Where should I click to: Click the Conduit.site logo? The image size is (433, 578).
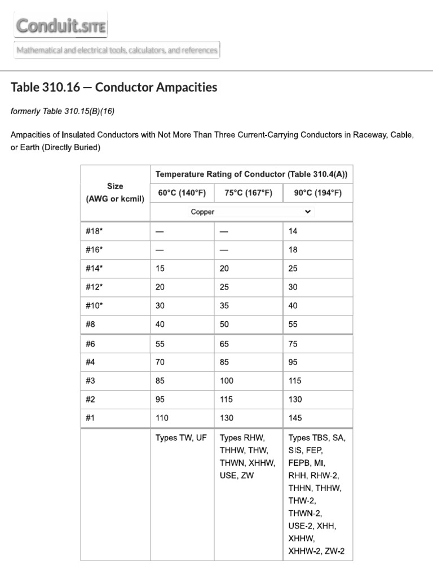pyautogui.click(x=61, y=26)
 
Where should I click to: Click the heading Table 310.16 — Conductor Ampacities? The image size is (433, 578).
pyautogui.click(x=114, y=87)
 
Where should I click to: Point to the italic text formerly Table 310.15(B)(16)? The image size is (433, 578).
pyautogui.click(x=63, y=111)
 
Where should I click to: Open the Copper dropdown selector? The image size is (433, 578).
pyautogui.click(x=251, y=212)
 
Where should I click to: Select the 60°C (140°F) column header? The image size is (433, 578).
pyautogui.click(x=182, y=192)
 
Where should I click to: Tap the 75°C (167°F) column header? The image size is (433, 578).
pyautogui.click(x=248, y=192)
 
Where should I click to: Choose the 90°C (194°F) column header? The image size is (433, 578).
pyautogui.click(x=317, y=192)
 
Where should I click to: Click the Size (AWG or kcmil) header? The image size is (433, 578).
pyautogui.click(x=115, y=192)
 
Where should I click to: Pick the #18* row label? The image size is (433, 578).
pyautogui.click(x=94, y=231)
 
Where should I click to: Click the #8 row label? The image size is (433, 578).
pyautogui.click(x=91, y=325)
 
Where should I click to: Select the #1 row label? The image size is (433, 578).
pyautogui.click(x=91, y=418)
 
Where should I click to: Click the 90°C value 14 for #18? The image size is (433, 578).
pyautogui.click(x=293, y=231)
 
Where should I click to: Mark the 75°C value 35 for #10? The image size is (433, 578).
pyautogui.click(x=224, y=306)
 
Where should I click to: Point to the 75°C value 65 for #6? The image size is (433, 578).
pyautogui.click(x=224, y=344)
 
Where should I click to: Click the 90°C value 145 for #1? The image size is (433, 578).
pyautogui.click(x=295, y=418)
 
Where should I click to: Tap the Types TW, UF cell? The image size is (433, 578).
pyautogui.click(x=181, y=437)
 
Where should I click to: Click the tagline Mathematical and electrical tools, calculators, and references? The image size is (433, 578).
pyautogui.click(x=117, y=50)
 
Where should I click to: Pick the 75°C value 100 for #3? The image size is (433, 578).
pyautogui.click(x=227, y=381)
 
